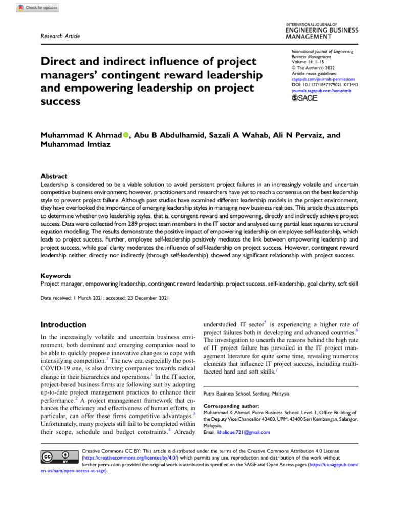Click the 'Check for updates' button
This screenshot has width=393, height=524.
(x=38, y=8)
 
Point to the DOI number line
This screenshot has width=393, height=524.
(x=324, y=85)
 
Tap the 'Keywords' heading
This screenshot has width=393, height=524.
(x=56, y=275)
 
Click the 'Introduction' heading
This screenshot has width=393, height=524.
(x=63, y=324)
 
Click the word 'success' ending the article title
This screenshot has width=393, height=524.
(x=60, y=101)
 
